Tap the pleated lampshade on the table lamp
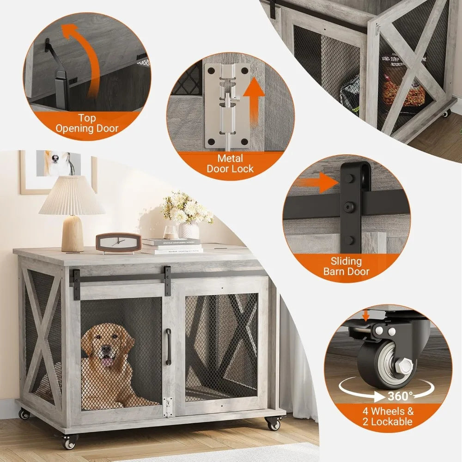point(72,196)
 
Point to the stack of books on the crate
point(171,245)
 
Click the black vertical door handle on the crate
point(169,346)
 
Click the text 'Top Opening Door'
point(87,123)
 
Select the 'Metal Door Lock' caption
point(230,164)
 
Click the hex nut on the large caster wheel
point(405,366)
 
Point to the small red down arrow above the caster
point(366,316)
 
